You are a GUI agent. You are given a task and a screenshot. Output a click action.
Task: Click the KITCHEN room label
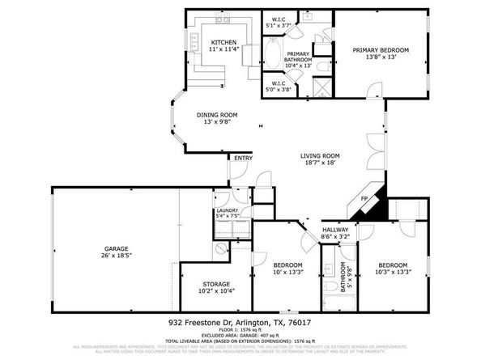pos(223,42)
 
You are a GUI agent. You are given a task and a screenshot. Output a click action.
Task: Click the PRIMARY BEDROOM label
pos(381,50)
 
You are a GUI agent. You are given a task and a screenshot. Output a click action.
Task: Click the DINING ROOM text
pos(216,115)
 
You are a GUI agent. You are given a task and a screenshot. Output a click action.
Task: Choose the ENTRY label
pos(243,158)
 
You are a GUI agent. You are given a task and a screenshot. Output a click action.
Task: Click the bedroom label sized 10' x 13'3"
pos(287,265)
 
